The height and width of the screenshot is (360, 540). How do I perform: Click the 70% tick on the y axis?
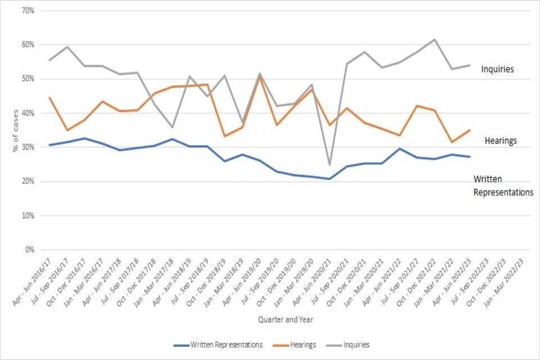[26, 11]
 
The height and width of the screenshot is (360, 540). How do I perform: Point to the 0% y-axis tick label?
[28, 250]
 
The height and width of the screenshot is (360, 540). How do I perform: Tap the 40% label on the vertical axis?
[26, 113]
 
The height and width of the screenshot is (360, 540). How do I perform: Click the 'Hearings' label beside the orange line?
[500, 141]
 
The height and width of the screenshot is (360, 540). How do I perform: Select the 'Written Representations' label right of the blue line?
[503, 186]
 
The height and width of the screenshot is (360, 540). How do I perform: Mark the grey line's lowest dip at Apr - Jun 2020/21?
[329, 165]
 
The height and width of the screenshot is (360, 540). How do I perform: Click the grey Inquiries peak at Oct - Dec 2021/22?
[434, 39]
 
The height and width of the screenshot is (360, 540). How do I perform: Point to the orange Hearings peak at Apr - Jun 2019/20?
[259, 75]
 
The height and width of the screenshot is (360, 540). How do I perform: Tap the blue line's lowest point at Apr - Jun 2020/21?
[329, 179]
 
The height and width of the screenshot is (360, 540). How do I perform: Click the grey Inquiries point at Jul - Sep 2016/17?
[67, 47]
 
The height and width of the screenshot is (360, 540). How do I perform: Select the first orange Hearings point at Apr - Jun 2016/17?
[49, 97]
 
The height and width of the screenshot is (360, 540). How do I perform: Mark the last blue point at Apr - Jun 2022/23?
[469, 156]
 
